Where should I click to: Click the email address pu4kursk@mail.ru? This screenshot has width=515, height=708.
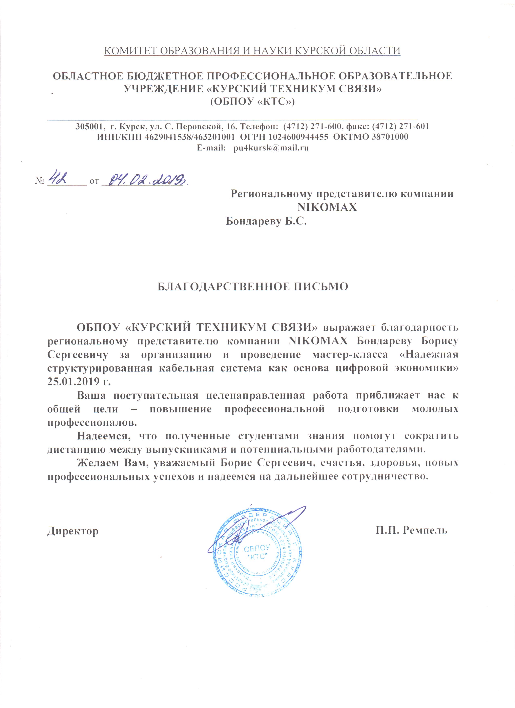271,148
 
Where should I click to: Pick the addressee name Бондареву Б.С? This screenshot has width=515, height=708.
266,221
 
